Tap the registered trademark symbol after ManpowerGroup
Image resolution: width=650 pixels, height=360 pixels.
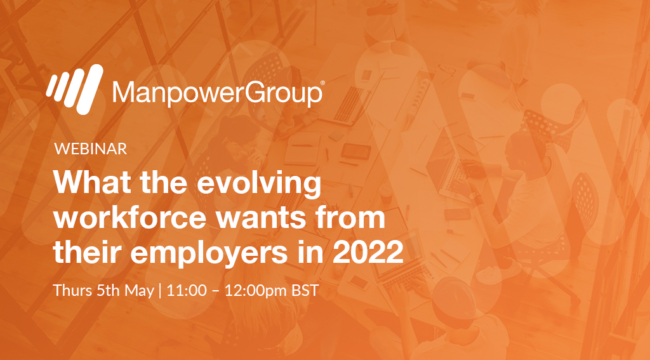(322, 83)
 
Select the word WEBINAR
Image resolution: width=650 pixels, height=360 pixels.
(91, 149)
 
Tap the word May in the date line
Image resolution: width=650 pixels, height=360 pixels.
(140, 291)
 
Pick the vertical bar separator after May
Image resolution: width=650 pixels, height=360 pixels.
(161, 291)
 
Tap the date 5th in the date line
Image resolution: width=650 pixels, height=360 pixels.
(109, 291)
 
